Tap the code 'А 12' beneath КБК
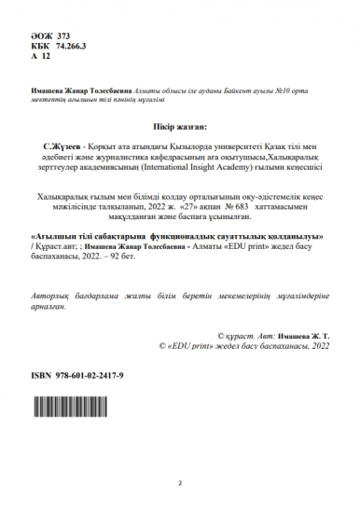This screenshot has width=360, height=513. coord(41,55)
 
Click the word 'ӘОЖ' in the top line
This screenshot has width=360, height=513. coord(41,34)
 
